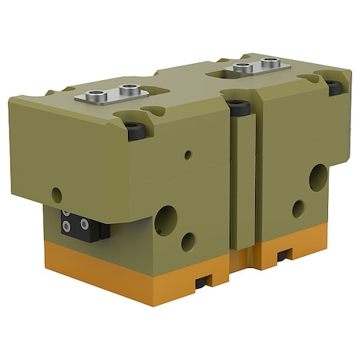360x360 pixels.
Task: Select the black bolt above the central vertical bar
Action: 236,104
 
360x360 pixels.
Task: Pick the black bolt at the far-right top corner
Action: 335,86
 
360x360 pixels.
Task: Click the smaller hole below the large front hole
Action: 189,239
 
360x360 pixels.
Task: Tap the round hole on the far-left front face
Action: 56,193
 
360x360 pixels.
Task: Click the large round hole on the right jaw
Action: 318,177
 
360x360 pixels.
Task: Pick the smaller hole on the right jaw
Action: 298,209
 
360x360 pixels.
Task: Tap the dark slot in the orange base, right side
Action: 284,257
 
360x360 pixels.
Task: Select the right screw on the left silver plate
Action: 125,93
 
